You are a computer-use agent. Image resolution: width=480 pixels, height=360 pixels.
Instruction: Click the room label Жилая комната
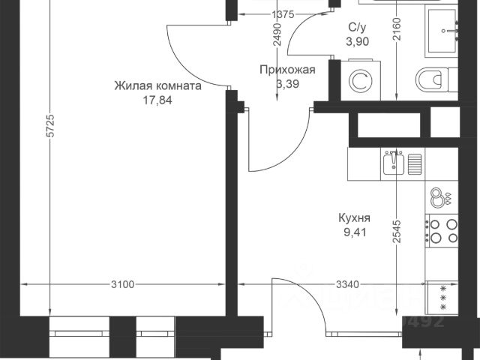pyautogui.click(x=157, y=86)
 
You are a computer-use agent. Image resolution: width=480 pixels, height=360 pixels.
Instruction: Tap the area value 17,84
pyautogui.click(x=157, y=99)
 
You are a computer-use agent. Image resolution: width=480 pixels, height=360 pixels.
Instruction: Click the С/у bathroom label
pyautogui.click(x=357, y=28)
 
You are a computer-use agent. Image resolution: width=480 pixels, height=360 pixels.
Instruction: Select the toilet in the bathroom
pyautogui.click(x=430, y=78)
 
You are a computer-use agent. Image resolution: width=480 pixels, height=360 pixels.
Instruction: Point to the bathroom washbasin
pyautogui.click(x=450, y=30)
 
